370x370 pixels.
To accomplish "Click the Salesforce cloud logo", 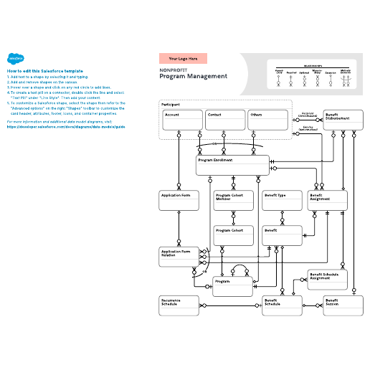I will pyautogui.click(x=14, y=60).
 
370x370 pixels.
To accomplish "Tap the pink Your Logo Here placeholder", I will pyautogui.click(x=183, y=58).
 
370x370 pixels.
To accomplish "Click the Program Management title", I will pyautogui.click(x=193, y=76).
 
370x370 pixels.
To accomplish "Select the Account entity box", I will pyautogui.click(x=182, y=120).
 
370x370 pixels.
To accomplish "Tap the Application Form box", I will pyautogui.click(x=179, y=200).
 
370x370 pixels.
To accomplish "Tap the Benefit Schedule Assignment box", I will pyautogui.click(x=327, y=280).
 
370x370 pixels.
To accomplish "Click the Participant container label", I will pyautogui.click(x=171, y=105).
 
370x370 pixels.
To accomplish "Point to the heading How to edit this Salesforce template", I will pyautogui.click(x=44, y=71).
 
